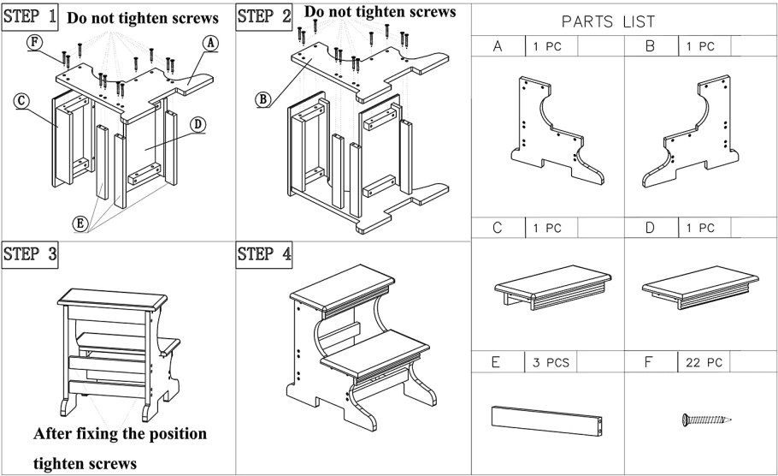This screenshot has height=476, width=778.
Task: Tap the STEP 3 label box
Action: click(32, 254)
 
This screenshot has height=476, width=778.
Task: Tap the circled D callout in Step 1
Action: click(197, 124)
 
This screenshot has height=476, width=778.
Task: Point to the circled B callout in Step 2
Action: click(263, 99)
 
